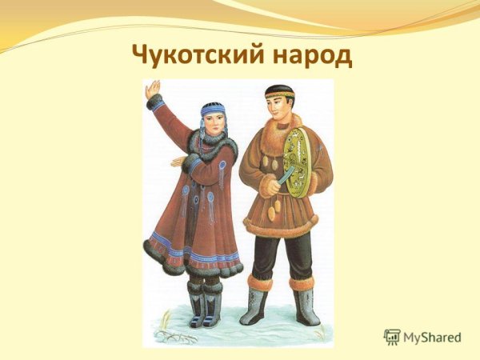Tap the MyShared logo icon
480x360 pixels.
[392, 337]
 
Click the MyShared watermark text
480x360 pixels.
[432, 338]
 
